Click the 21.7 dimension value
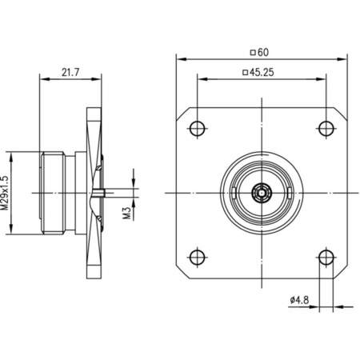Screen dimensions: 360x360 pos(70,71)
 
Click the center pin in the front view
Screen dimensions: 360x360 pos(261,192)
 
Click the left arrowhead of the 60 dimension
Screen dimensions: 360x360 pos(179,58)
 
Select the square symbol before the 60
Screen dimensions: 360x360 pos(253,52)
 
